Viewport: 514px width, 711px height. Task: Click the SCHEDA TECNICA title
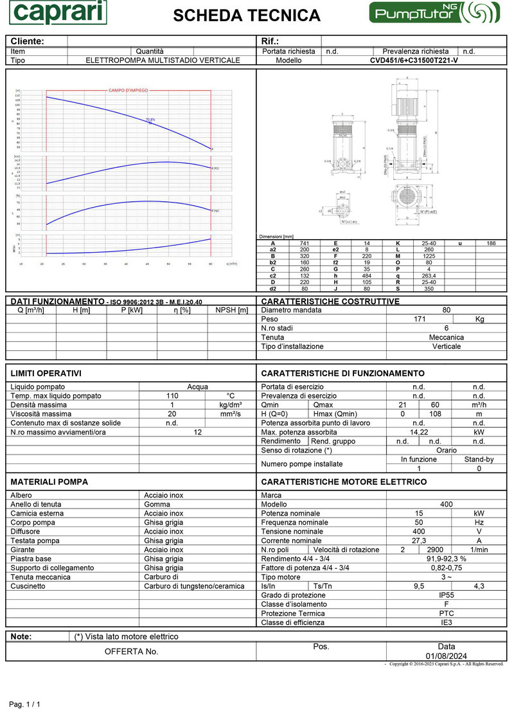(247, 15)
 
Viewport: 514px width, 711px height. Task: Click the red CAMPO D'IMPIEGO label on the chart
(127, 91)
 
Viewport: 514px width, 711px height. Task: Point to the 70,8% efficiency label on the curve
(150, 120)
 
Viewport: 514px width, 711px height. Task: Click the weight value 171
(419, 319)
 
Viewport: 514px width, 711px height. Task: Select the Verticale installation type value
(447, 346)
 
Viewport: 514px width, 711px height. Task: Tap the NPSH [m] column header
(232, 310)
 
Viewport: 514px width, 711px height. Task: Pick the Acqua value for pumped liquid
(197, 387)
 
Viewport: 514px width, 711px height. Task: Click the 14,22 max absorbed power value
(419, 433)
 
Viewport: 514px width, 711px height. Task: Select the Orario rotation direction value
(447, 451)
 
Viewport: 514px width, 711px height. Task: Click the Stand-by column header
(479, 460)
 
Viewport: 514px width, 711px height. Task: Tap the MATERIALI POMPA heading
(49, 482)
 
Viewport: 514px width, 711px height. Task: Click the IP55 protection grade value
(447, 595)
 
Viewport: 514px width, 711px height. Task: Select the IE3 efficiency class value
(447, 622)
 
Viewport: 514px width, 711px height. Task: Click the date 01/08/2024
(447, 656)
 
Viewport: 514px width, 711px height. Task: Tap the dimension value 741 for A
(305, 244)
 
